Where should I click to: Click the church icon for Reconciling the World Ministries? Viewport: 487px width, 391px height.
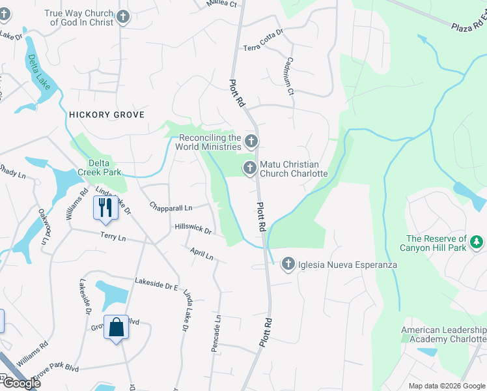tap(251, 141)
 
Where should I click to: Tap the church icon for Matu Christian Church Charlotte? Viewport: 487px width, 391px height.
tap(249, 168)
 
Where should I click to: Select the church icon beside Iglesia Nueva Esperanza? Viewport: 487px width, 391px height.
tap(288, 264)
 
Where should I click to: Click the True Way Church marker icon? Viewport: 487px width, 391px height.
tap(122, 18)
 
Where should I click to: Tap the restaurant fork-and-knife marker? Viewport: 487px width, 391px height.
tap(104, 207)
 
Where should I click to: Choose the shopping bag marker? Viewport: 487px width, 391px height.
tap(116, 327)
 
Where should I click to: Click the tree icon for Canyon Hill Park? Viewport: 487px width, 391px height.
tap(477, 242)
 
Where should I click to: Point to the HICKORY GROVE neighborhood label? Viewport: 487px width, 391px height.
tap(106, 115)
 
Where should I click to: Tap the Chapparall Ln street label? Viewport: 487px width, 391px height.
tap(171, 208)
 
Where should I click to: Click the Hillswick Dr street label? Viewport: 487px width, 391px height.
tap(193, 228)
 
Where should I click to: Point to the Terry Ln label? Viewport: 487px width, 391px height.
tap(113, 237)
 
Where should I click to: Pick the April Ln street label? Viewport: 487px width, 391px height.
tap(202, 253)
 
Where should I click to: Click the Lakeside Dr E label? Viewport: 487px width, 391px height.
tap(156, 283)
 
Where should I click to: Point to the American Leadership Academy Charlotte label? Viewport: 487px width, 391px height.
tap(443, 335)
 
